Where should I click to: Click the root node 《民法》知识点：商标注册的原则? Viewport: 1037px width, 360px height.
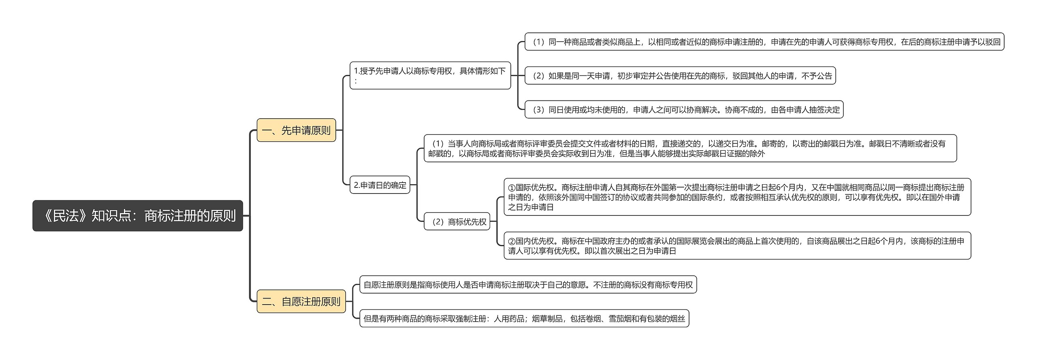138,216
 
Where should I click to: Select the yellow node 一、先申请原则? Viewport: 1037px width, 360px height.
296,130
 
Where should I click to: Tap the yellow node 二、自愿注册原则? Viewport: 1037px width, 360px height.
301,302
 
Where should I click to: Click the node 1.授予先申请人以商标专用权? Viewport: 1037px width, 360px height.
430,75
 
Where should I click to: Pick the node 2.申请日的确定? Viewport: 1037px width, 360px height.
380,185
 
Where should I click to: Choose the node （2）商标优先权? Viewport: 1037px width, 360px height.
457,222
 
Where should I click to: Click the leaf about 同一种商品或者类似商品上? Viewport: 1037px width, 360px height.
764,42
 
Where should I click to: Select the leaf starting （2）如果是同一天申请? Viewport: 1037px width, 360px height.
680,76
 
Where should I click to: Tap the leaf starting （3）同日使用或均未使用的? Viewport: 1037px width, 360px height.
684,110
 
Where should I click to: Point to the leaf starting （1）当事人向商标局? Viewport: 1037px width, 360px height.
690,149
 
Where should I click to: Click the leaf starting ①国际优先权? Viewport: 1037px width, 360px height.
737,197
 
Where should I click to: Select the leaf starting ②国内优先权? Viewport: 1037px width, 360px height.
737,246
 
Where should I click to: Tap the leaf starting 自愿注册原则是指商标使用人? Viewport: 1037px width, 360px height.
528,285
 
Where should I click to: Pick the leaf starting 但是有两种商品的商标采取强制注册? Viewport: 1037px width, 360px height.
524,319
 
